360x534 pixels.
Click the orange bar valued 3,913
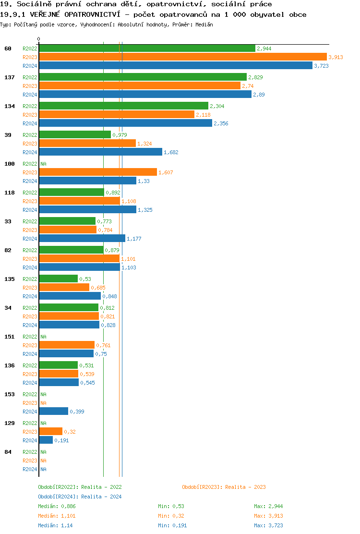pos(182,57)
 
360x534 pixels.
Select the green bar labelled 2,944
pos(147,48)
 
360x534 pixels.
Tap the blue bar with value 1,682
pos(100,152)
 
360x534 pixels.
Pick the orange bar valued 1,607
pos(98,172)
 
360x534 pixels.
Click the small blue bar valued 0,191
pos(46,440)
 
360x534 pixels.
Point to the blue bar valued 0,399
pos(54,411)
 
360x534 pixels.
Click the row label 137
pos(9,77)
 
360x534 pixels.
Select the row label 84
pos(8,452)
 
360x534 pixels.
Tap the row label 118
pos(9,193)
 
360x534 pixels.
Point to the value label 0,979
pos(120,135)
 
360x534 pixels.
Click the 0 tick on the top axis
pos(39,39)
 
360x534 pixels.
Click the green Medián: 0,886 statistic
pos(57,506)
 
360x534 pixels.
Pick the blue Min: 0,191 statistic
pos(172,525)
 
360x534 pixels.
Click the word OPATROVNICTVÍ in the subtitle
pos(88,14)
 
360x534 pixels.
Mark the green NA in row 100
pos(43,164)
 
